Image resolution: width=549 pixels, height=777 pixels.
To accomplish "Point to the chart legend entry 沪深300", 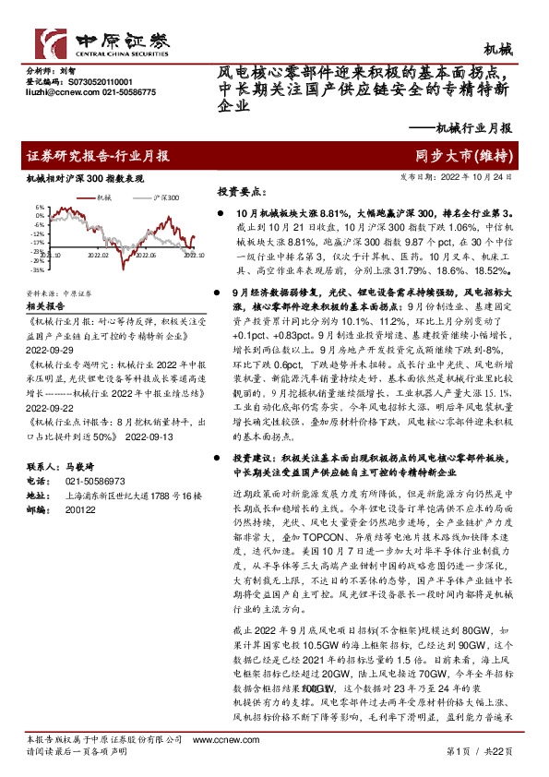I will (x=167, y=197).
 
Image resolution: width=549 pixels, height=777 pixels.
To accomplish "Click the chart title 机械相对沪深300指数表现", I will (x=86, y=180).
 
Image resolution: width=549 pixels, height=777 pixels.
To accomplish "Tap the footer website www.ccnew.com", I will (x=211, y=740).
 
